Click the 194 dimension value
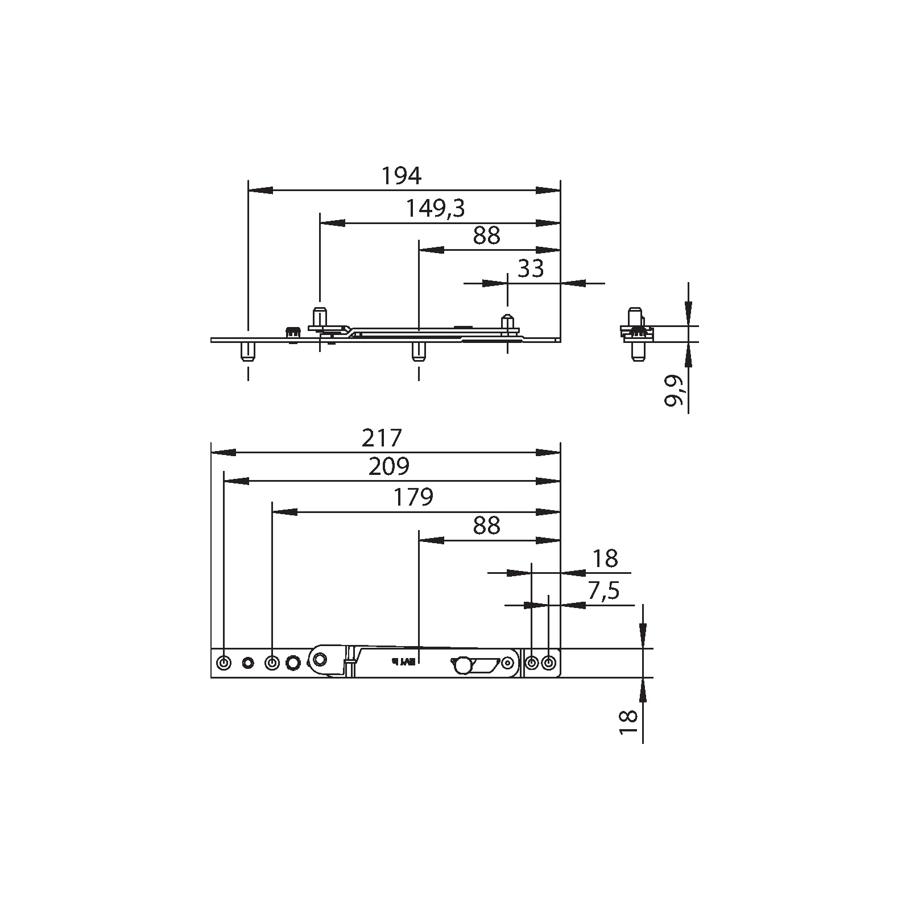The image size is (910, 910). (x=401, y=176)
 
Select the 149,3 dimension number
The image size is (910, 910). (x=435, y=209)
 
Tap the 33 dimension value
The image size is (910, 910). (x=531, y=268)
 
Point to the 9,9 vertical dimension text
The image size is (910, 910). (x=673, y=391)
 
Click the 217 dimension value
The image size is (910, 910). (x=382, y=438)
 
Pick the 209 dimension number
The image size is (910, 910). (x=388, y=467)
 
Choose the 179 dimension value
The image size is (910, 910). (x=413, y=498)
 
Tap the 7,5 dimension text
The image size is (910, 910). (x=603, y=591)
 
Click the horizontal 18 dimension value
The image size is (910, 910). (x=605, y=559)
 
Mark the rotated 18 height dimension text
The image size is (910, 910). (x=628, y=723)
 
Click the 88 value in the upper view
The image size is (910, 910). (x=486, y=236)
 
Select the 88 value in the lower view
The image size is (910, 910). (x=486, y=526)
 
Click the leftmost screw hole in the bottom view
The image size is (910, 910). (x=224, y=663)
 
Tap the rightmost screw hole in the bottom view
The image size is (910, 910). (x=549, y=663)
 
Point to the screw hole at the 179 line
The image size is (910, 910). (x=272, y=663)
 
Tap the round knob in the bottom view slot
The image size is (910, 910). (x=462, y=664)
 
